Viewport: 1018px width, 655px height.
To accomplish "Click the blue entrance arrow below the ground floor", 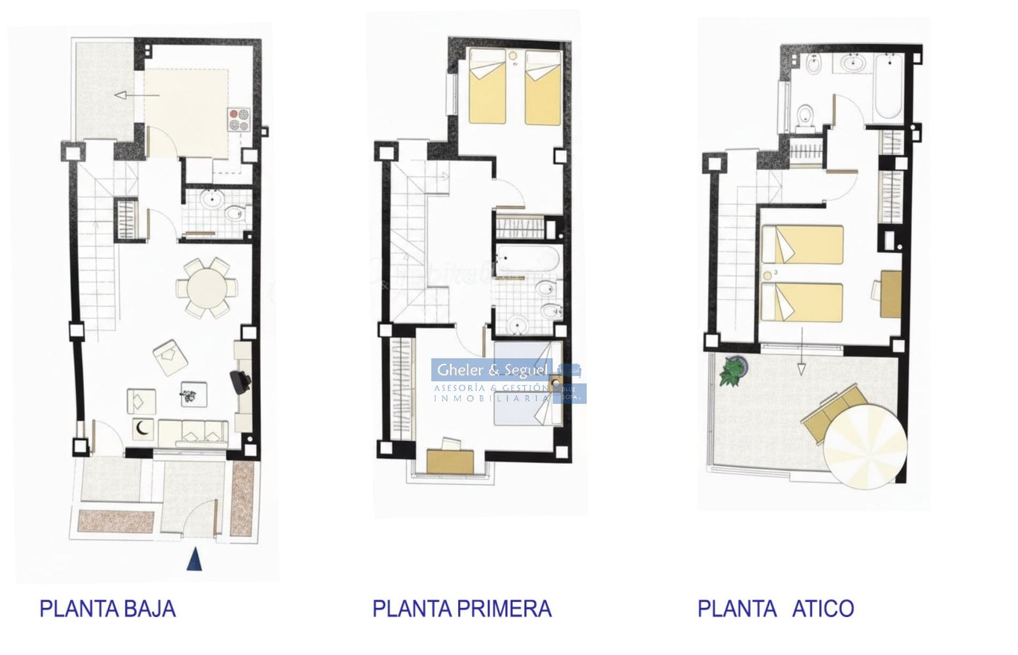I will pos(194,559).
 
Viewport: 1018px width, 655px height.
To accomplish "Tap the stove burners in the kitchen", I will pos(239,120).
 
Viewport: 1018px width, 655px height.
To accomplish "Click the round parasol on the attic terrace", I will pos(865,446).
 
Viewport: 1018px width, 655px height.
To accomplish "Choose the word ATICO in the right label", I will pos(823,609).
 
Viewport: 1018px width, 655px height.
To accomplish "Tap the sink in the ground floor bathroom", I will pos(212,200).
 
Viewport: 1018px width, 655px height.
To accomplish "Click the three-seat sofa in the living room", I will pos(193,432).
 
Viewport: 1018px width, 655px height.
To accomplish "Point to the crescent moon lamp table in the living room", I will pos(143,428).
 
